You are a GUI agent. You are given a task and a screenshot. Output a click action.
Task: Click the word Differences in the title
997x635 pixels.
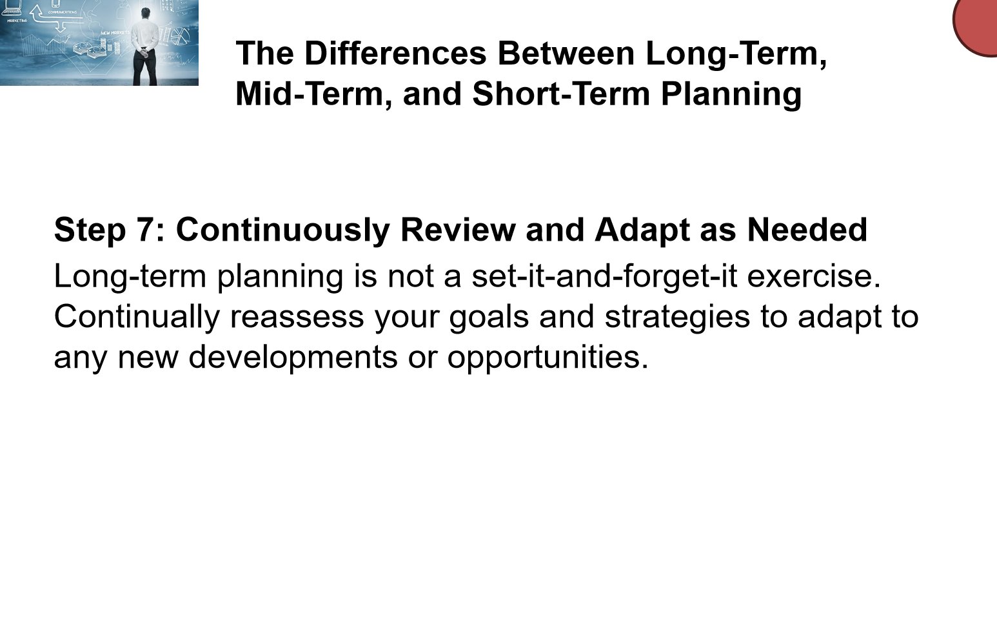coord(396,54)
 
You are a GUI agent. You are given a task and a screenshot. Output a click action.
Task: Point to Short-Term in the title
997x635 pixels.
coord(561,94)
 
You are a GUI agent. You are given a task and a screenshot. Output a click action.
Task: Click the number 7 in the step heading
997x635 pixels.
coord(146,230)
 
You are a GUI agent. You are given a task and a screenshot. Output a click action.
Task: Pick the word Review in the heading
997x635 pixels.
coord(458,230)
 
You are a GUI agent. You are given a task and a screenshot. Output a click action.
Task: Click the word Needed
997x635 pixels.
coord(807,230)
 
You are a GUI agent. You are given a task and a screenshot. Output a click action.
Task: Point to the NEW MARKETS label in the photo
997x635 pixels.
coord(115,33)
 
